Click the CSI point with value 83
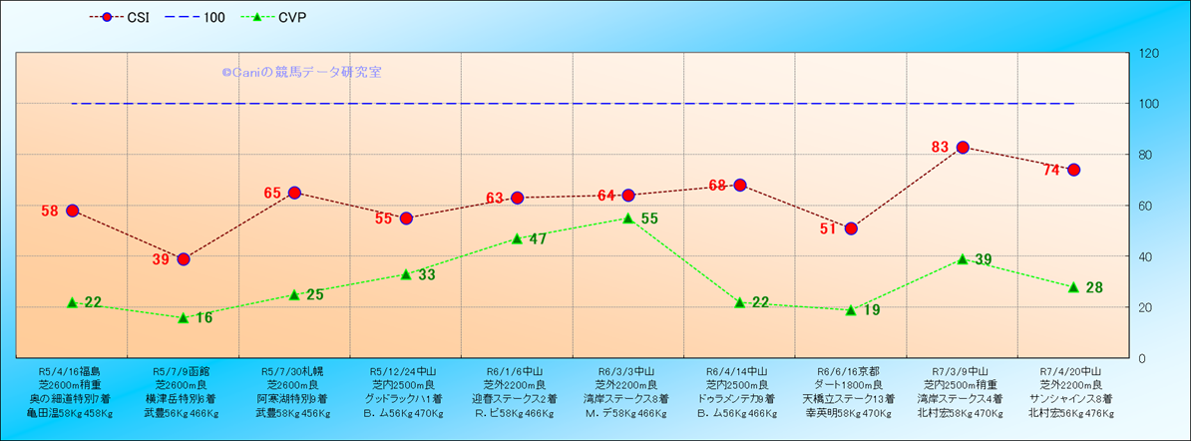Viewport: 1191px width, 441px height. [963, 148]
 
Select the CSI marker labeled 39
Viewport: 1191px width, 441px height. [184, 259]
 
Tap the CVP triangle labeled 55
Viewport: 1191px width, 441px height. [628, 218]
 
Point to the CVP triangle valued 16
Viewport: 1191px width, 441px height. [184, 317]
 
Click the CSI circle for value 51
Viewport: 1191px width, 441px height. [851, 228]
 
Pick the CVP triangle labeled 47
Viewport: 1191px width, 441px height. [517, 238]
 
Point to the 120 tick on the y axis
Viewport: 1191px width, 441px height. [1147, 54]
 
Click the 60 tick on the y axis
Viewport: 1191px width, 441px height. [1144, 206]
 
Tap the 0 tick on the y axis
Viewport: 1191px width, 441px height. [1140, 358]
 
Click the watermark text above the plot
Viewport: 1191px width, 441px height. [301, 72]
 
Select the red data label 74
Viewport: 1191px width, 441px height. [1051, 171]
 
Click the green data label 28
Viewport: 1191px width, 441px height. [1093, 288]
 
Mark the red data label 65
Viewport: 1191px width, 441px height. [273, 193]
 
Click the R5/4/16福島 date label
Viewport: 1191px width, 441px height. [72, 370]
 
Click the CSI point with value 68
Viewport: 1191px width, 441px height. [740, 186]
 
